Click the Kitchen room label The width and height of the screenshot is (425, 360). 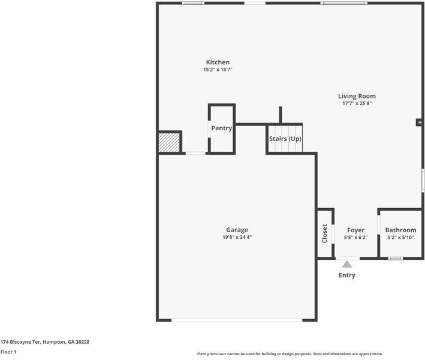pyautogui.click(x=218, y=62)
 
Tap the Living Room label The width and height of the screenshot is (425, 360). pyautogui.click(x=357, y=96)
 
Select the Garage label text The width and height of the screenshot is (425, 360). pyautogui.click(x=237, y=230)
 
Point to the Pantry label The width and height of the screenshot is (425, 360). pyautogui.click(x=222, y=128)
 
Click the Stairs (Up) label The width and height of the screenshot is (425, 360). pyautogui.click(x=285, y=139)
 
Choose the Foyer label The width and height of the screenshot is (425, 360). pyautogui.click(x=355, y=230)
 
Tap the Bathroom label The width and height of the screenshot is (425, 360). pyautogui.click(x=400, y=230)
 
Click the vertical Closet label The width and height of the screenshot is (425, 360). pyautogui.click(x=325, y=233)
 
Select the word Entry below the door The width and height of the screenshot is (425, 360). pyautogui.click(x=347, y=275)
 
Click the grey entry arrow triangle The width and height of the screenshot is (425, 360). pyautogui.click(x=347, y=264)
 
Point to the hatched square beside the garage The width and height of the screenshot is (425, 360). pyautogui.click(x=169, y=143)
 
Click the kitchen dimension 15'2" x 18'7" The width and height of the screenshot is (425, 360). pyautogui.click(x=218, y=70)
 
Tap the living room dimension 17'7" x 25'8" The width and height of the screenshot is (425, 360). pyautogui.click(x=357, y=103)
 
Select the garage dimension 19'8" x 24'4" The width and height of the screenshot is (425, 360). pyautogui.click(x=237, y=237)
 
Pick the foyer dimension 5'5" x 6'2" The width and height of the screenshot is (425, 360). pyautogui.click(x=355, y=238)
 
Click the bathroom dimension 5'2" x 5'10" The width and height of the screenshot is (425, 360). pyautogui.click(x=400, y=238)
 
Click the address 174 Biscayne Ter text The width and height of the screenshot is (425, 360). pyautogui.click(x=45, y=342)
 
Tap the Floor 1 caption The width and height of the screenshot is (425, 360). pyautogui.click(x=8, y=352)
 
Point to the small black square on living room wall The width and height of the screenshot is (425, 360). pyautogui.click(x=419, y=122)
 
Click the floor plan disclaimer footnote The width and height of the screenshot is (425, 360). pyautogui.click(x=290, y=354)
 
